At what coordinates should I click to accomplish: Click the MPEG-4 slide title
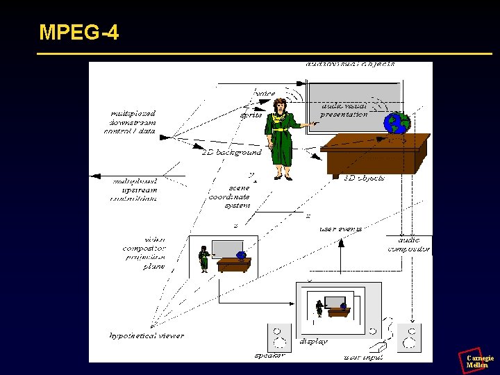click(x=78, y=32)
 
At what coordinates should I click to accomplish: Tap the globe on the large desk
click(x=399, y=124)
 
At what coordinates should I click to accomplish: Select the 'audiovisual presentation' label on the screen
click(x=344, y=109)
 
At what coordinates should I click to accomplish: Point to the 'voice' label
click(x=265, y=93)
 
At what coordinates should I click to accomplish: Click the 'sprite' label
click(x=251, y=115)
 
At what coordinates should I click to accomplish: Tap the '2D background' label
click(x=231, y=151)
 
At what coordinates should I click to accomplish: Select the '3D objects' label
click(x=365, y=178)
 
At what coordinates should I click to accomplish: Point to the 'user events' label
click(x=340, y=228)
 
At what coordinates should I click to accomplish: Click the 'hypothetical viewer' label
click(x=147, y=335)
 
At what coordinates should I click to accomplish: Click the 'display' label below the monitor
click(x=313, y=342)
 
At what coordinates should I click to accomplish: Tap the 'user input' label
click(x=362, y=358)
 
